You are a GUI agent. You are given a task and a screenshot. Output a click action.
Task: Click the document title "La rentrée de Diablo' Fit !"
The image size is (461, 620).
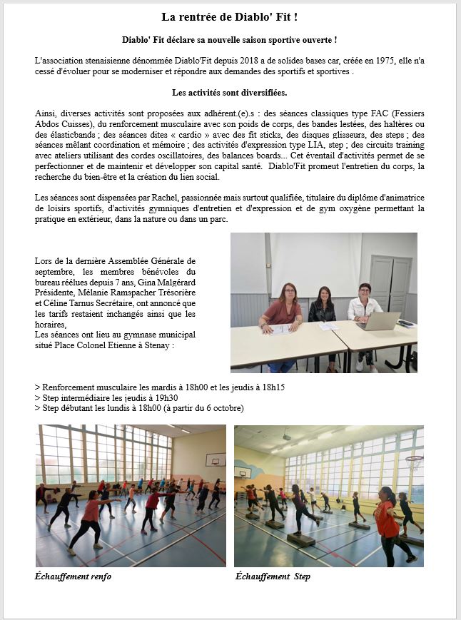click(x=229, y=16)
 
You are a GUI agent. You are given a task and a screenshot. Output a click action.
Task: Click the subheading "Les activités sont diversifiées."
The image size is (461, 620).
click(x=229, y=93)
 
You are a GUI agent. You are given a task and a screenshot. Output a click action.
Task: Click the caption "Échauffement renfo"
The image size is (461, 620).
click(x=73, y=576)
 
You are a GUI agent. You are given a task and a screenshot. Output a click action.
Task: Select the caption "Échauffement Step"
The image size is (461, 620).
click(x=273, y=576)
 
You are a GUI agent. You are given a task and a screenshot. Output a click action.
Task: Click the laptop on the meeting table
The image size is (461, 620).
click(x=379, y=321)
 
